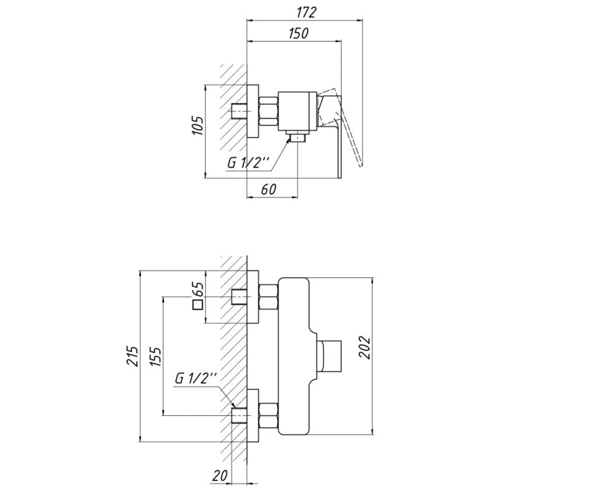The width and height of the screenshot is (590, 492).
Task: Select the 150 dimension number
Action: (298, 33)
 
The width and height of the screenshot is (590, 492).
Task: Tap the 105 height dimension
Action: (198, 125)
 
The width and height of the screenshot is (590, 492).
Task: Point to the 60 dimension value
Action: (268, 189)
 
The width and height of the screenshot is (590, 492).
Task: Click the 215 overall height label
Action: (133, 356)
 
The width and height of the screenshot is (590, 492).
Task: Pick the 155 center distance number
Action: (156, 356)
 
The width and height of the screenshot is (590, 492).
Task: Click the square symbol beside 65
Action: (198, 305)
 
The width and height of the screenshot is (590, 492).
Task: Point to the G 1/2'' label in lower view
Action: (196, 379)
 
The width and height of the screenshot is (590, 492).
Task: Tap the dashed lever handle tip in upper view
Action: (360, 165)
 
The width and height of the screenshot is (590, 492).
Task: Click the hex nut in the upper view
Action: (268, 111)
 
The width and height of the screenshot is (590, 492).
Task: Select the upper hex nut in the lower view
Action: (268, 297)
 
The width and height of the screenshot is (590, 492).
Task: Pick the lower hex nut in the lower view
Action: (268, 415)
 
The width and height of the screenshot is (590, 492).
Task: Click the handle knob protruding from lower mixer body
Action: (330, 356)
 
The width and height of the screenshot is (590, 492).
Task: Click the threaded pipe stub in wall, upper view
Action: (239, 111)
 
